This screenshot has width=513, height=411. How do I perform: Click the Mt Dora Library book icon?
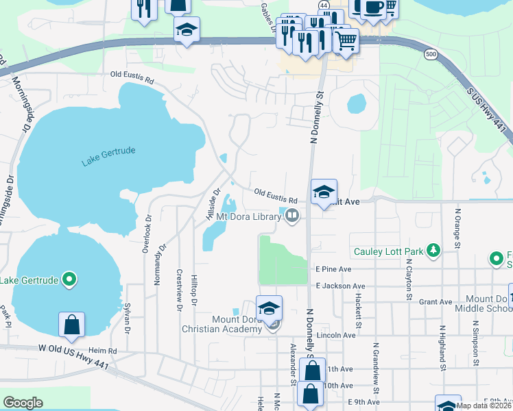pyautogui.click(x=292, y=217)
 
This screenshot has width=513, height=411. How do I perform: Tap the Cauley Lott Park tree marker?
pyautogui.click(x=433, y=251)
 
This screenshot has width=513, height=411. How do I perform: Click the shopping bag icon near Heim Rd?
pyautogui.click(x=72, y=325)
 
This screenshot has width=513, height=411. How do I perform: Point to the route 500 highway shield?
pyautogui.click(x=430, y=54)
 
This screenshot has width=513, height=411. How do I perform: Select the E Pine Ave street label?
pyautogui.click(x=333, y=269)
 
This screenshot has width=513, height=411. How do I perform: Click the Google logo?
pyautogui.click(x=23, y=403)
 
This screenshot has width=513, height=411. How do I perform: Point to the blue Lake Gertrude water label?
pyautogui.click(x=108, y=156)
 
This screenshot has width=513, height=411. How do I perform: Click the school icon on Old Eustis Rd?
pyautogui.click(x=324, y=192)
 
